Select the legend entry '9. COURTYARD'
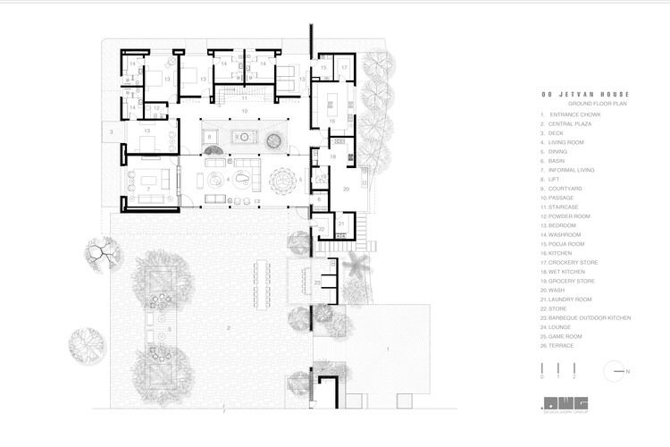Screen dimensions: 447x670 tap(561, 189)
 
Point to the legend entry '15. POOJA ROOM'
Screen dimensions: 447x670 tap(563, 244)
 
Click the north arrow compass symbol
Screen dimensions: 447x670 tap(617, 371)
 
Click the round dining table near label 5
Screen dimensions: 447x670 tap(281, 181)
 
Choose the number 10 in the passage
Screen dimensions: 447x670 tap(242, 111)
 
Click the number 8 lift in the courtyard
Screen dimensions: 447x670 tap(210, 137)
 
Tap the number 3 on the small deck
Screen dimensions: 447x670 tap(111, 132)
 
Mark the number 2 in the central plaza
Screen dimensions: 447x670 tap(228, 328)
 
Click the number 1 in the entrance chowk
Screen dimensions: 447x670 tap(388, 346)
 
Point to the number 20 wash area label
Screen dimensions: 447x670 tap(346, 189)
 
